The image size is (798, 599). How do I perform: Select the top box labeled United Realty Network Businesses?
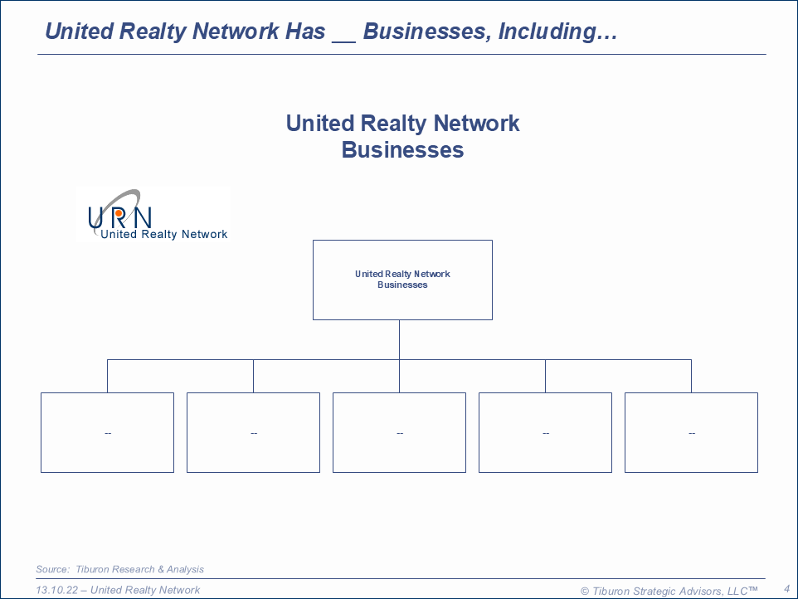402,280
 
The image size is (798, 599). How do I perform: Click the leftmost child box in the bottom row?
107,432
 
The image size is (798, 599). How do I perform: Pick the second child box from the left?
253,432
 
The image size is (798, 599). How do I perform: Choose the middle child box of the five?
399,432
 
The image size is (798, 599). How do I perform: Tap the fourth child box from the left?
545,432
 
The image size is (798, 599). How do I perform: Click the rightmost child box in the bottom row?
691,432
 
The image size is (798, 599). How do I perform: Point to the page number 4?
786,589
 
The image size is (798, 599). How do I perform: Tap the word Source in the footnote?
52,569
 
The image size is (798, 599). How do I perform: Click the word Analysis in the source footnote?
183,569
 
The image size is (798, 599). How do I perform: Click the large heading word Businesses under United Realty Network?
402,150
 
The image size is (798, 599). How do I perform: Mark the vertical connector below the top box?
399,339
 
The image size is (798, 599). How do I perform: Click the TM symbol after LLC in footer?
753,589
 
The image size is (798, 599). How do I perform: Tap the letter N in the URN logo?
142,217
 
